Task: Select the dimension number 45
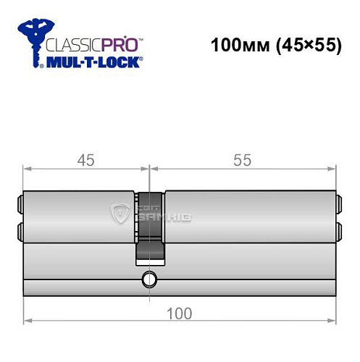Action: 85,161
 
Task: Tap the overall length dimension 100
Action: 180,313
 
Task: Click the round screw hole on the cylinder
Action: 149,278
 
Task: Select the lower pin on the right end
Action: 338,231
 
